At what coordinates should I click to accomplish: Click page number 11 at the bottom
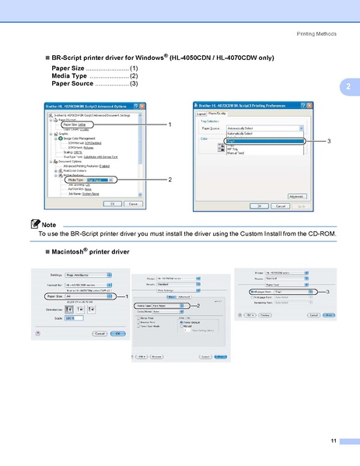pyautogui.click(x=333, y=441)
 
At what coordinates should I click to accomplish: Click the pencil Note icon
pyautogui.click(x=36, y=225)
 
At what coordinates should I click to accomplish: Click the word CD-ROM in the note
pyautogui.click(x=323, y=233)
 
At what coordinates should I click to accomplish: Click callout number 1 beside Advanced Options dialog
pyautogui.click(x=169, y=124)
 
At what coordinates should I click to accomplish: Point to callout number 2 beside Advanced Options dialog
pyautogui.click(x=169, y=180)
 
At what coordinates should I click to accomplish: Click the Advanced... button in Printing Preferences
pyautogui.click(x=295, y=197)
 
